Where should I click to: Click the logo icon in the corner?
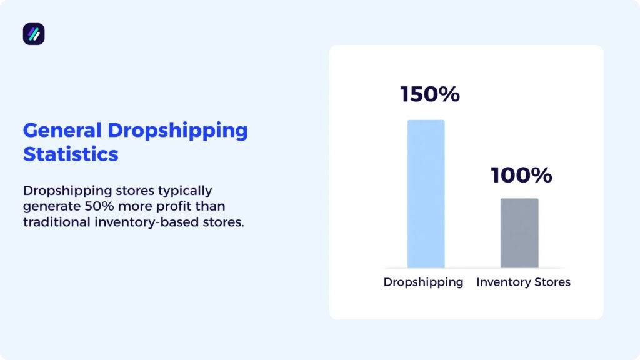click(34, 34)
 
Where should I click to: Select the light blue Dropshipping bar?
click(426, 194)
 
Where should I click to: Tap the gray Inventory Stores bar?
click(519, 233)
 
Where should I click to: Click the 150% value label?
click(430, 94)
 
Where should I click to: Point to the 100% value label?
click(521, 175)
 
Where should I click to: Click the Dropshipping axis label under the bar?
click(423, 282)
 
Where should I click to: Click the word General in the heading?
click(62, 131)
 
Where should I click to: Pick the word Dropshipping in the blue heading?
click(177, 131)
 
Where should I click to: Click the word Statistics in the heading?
click(71, 154)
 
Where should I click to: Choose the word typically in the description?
click(182, 190)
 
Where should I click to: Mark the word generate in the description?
click(48, 206)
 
